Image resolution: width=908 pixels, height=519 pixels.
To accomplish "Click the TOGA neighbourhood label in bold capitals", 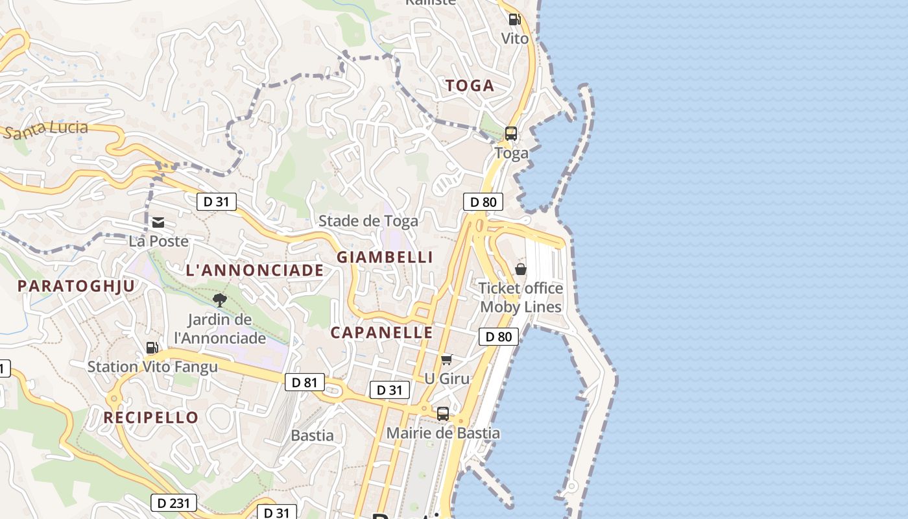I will [x=470, y=86].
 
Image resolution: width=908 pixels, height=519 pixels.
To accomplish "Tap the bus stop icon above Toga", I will [x=511, y=134].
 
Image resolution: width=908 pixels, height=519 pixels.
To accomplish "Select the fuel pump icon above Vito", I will [x=514, y=20].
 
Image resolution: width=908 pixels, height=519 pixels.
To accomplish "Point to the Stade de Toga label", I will [x=368, y=221].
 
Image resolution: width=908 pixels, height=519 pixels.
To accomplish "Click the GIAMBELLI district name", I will [x=385, y=257].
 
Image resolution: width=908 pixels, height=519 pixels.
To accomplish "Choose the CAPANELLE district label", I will [x=381, y=333].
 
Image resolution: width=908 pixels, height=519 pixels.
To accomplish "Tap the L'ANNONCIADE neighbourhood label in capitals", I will [x=255, y=271].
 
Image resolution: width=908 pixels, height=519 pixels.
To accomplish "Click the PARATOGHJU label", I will [x=77, y=286].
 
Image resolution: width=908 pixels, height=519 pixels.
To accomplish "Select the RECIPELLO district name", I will [x=151, y=417].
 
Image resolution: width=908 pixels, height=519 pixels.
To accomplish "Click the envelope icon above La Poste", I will [x=158, y=223].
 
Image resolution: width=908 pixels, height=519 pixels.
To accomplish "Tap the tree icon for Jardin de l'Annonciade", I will [x=220, y=300].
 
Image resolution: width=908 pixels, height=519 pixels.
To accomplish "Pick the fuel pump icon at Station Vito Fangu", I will [x=152, y=348].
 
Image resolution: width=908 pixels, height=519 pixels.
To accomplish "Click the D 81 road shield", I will [x=304, y=382].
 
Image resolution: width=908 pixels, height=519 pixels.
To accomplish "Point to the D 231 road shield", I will [x=173, y=503].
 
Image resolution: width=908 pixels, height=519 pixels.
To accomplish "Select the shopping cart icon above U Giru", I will [x=446, y=359].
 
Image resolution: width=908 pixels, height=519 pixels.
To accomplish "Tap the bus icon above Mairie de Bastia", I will [x=443, y=413].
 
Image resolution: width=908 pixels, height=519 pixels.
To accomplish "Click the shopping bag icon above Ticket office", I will [x=521, y=269].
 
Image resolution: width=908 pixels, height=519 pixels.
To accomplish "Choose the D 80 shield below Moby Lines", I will [x=498, y=336].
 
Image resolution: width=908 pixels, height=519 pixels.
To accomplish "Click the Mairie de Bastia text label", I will [x=443, y=433].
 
